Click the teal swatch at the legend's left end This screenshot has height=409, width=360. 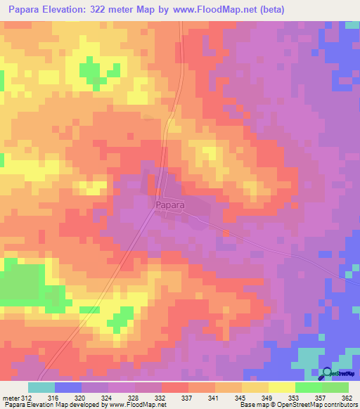41,387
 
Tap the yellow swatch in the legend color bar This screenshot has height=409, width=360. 281,387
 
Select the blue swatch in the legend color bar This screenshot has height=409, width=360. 67,387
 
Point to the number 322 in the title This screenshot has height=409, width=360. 114,9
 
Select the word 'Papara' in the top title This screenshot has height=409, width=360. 28,9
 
